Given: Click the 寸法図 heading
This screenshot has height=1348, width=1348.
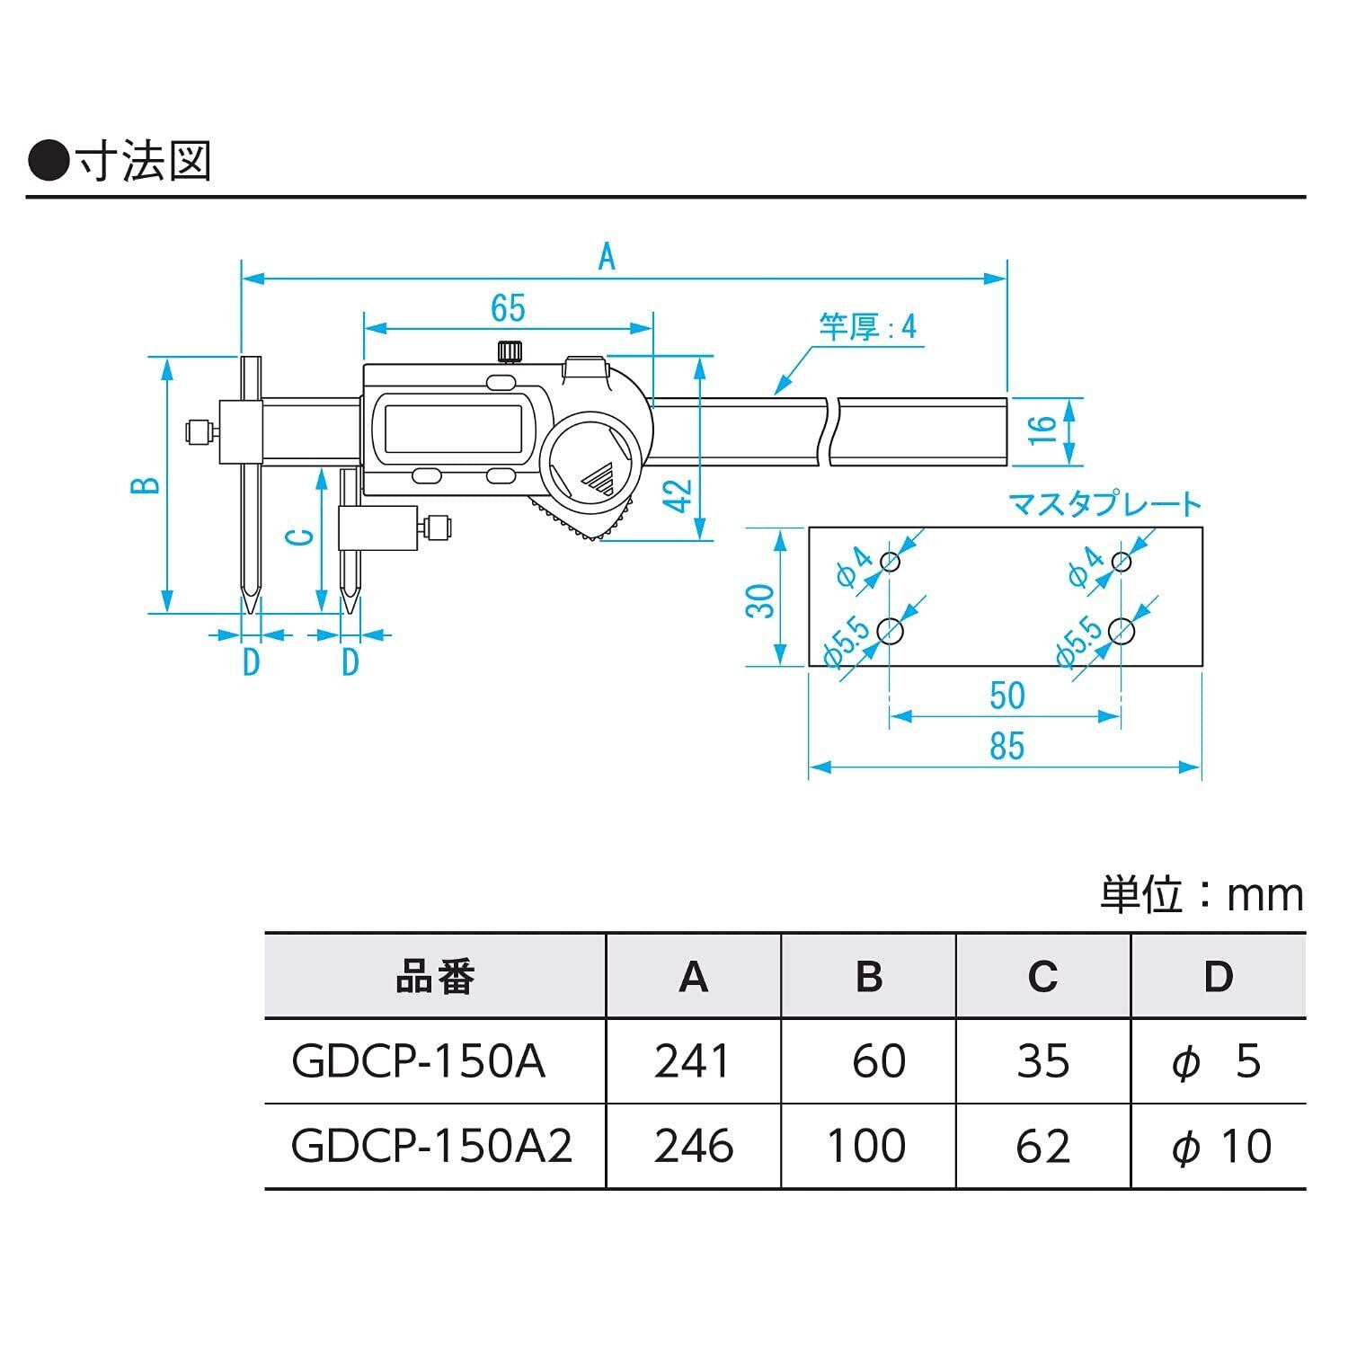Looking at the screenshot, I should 144,162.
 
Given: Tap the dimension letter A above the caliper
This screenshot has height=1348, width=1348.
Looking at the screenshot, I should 607,258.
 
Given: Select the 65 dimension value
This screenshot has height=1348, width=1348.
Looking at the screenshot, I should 508,308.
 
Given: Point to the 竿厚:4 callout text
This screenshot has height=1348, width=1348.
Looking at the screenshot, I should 867,327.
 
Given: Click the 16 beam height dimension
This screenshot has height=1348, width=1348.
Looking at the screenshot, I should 1040,430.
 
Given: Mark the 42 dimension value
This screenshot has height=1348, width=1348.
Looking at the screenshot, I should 681,496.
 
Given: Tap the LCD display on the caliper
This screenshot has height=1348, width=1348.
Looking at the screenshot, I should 453,430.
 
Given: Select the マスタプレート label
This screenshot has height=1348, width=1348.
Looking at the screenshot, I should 1104,504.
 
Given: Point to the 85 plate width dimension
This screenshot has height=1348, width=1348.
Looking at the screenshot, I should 1007,746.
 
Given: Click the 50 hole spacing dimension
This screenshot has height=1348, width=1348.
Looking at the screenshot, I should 1007,696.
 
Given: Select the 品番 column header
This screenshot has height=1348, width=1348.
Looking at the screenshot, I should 435,977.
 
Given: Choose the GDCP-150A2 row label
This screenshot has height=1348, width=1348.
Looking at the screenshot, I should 432,1146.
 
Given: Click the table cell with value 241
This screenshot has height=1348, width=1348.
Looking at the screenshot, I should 692,1061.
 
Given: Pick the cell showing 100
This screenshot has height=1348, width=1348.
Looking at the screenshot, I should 866,1146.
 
